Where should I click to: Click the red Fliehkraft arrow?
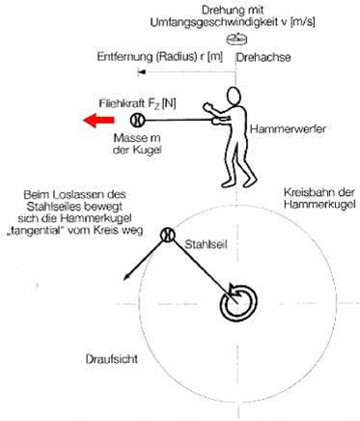(98, 121)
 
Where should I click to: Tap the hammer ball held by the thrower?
(138, 120)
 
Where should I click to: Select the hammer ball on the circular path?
(167, 235)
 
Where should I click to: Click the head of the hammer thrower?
(234, 98)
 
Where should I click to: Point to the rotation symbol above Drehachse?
(236, 39)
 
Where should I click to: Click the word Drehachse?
(263, 57)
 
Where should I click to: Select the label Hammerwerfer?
(288, 129)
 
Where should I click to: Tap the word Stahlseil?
(206, 244)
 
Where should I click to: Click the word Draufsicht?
(112, 359)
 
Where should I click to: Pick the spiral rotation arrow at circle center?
(238, 302)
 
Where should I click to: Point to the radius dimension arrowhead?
(142, 72)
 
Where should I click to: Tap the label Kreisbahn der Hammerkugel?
(319, 198)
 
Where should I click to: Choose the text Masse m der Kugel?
(137, 144)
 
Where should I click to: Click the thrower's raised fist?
(208, 107)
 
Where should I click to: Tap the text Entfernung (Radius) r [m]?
(160, 57)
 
